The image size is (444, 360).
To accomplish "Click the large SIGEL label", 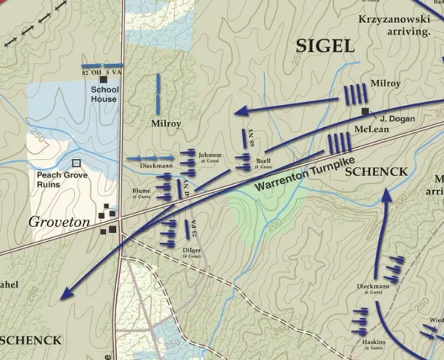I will (x=325, y=46).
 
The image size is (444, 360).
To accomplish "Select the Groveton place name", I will (x=58, y=221).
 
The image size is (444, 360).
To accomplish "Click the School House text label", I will (x=104, y=94).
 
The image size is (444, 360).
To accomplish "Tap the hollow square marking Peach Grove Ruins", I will (x=75, y=163).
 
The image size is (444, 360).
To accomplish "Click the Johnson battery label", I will (x=210, y=156).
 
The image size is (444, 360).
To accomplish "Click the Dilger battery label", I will (x=192, y=251).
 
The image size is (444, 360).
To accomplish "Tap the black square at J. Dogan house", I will (x=366, y=111).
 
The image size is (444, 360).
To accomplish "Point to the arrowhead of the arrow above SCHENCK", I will (x=386, y=194).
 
